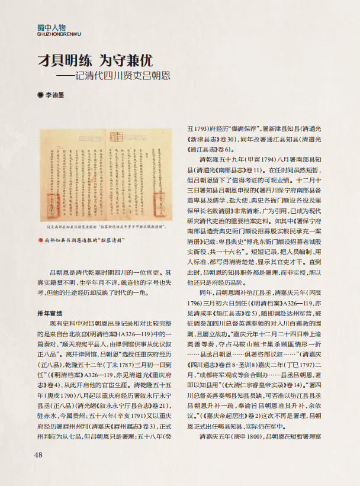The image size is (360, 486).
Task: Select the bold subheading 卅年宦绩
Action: [50, 313]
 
